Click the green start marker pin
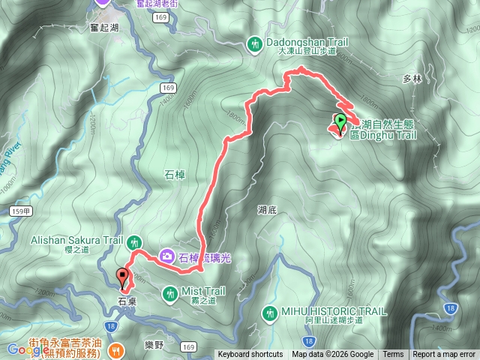[x=340, y=121]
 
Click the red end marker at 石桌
[x=123, y=277]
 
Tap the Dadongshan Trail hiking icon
[x=255, y=44]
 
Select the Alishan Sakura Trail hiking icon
[x=134, y=241]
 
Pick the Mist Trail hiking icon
[x=170, y=291]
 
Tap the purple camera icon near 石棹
[x=166, y=256]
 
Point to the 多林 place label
[x=412, y=79]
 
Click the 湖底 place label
[x=267, y=211]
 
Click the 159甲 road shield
[x=22, y=213]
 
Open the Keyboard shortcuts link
[x=250, y=355]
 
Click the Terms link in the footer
[x=393, y=355]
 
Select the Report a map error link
[x=445, y=355]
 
